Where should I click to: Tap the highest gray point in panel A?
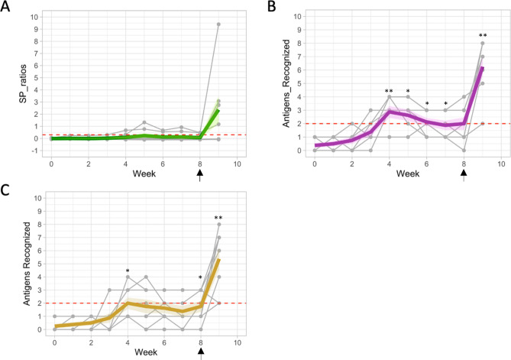tap(218, 24)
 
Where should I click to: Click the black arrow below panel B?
tap(464, 176)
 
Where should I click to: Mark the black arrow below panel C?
tap(200, 352)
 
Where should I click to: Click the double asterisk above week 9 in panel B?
tap(482, 36)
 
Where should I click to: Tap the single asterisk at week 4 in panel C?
tap(126, 271)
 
